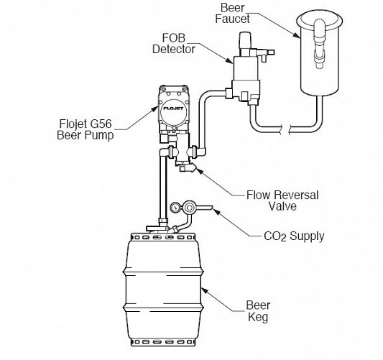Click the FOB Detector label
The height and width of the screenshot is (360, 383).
point(174,44)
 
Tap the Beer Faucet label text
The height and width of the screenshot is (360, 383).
point(232,13)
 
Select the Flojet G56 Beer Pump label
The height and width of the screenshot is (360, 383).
point(86,129)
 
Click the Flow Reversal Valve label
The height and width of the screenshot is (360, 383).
point(282,200)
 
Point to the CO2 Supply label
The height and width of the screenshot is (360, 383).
point(294,236)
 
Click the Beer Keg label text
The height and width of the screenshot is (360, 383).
point(258,311)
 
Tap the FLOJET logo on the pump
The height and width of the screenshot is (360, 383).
point(173,109)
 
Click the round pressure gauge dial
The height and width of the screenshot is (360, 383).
point(175,208)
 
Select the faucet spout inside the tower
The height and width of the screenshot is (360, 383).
point(320,44)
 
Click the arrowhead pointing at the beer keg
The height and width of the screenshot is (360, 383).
point(204,291)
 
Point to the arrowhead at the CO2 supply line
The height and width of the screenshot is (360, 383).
point(216,211)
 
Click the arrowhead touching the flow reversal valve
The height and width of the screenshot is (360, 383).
point(200,170)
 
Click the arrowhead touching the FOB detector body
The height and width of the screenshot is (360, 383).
point(230,61)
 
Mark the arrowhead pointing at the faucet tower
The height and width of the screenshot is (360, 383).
point(297,36)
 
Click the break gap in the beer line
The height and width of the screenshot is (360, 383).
point(285,129)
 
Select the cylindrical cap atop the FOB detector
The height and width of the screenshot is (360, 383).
point(245,40)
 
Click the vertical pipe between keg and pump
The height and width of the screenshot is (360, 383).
point(163,188)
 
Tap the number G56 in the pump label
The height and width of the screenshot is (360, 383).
point(101,124)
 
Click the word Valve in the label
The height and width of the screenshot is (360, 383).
point(282,206)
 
